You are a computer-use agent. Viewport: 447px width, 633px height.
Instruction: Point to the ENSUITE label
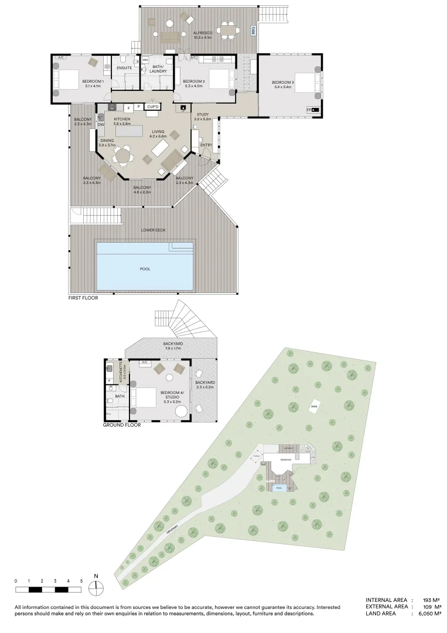point(124,69)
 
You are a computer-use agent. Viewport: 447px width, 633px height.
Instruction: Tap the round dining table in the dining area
point(122,155)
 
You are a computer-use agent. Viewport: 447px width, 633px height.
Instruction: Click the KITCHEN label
point(122,119)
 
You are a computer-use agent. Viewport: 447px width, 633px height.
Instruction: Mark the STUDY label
point(203,114)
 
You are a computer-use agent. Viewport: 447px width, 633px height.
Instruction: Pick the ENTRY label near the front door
point(206,145)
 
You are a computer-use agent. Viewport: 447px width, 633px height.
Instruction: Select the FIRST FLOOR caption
point(83,298)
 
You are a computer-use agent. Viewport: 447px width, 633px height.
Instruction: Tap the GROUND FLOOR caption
point(122,425)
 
